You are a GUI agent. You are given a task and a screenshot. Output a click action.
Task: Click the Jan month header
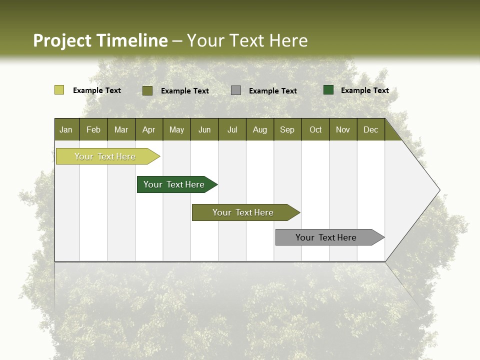[66, 129]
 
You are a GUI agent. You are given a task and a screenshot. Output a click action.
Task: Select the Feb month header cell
[93, 129]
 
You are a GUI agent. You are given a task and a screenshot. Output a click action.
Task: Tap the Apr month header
[149, 129]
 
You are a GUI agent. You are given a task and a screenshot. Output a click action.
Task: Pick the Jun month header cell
[204, 129]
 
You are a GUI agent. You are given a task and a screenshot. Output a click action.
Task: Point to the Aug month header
[260, 129]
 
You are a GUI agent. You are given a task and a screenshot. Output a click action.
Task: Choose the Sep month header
[287, 129]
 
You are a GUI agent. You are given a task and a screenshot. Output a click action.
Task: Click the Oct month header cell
[315, 129]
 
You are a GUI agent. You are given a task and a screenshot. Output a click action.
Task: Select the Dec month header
[371, 129]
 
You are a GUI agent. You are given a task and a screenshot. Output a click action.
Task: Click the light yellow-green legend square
[59, 90]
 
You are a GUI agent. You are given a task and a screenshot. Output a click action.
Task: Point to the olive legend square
[147, 90]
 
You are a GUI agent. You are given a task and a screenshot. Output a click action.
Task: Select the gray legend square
[236, 90]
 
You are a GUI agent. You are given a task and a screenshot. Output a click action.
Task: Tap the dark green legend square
[328, 90]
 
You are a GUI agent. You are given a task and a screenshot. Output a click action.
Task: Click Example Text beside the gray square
[273, 91]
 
